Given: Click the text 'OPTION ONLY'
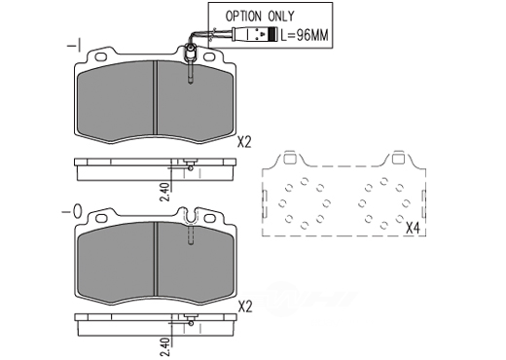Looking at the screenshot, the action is (260, 16).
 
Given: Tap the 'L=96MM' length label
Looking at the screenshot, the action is (305, 35).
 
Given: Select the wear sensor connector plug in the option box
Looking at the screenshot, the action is (255, 34).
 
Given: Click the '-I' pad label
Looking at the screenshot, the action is (74, 46).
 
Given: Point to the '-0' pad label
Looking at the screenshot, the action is (72, 212).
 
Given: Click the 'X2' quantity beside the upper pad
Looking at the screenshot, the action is (244, 142).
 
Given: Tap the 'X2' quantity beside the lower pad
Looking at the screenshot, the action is (245, 306).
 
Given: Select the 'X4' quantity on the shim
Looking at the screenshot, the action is (413, 229).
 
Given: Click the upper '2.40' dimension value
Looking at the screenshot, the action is (165, 192).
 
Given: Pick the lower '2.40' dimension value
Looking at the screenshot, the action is (165, 347).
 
